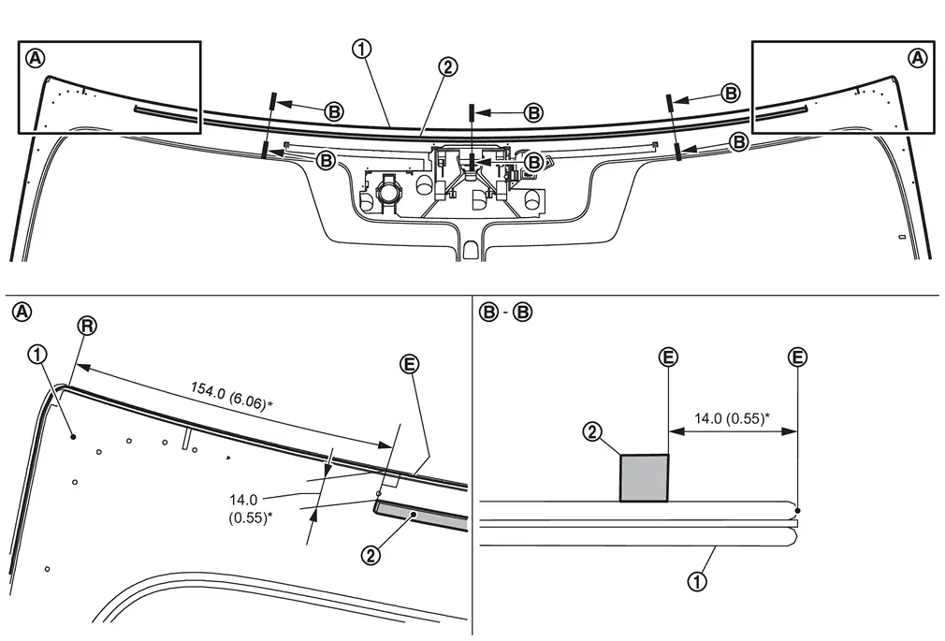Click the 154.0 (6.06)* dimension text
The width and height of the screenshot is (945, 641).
tap(231, 396)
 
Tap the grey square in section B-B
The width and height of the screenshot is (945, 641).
tap(645, 478)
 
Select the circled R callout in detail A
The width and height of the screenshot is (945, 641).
tap(87, 327)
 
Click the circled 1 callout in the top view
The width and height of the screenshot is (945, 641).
tap(361, 50)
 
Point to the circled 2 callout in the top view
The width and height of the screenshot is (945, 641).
tap(448, 66)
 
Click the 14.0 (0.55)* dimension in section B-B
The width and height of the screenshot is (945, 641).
tap(731, 418)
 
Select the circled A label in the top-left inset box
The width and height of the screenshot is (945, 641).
tap(36, 58)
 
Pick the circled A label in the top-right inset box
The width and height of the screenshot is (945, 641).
tap(918, 58)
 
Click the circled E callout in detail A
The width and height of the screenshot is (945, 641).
tap(409, 364)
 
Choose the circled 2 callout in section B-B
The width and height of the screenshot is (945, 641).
tap(593, 431)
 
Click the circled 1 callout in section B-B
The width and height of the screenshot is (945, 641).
tap(697, 582)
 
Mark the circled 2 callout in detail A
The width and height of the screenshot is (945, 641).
tap(371, 555)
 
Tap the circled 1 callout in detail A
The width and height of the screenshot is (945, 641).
tap(37, 354)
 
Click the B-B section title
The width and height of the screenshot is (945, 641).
tap(506, 313)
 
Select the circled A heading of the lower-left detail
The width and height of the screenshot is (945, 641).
tap(22, 313)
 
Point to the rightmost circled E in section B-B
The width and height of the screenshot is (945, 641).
tap(797, 357)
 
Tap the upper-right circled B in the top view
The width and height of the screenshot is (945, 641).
tap(731, 94)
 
